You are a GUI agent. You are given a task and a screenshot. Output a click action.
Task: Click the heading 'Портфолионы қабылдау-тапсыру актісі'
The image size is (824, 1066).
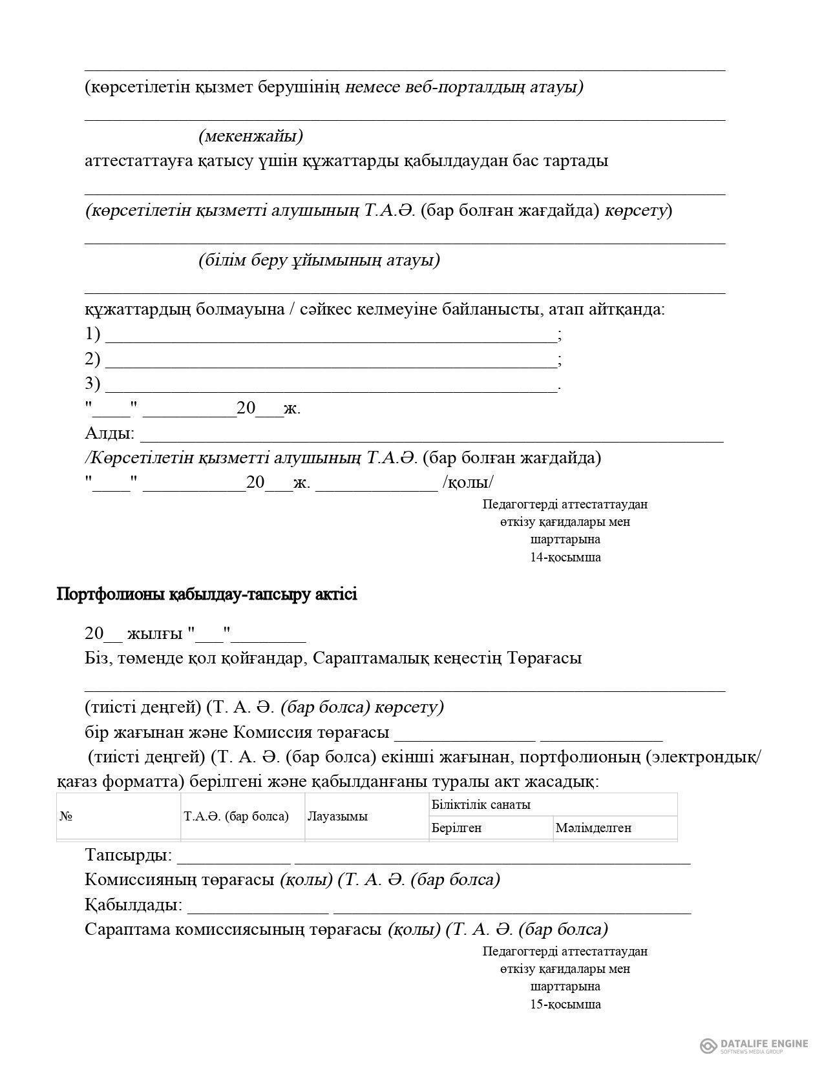[x=207, y=594]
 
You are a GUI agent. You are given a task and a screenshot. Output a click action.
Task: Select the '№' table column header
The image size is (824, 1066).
[x=66, y=817]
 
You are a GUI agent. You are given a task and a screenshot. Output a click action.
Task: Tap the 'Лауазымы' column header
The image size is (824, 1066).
[x=337, y=817]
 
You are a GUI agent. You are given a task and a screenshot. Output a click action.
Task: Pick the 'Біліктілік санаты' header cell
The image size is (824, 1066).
[x=481, y=805]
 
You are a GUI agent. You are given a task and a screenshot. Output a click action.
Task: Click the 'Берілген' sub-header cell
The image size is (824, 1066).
[x=456, y=828]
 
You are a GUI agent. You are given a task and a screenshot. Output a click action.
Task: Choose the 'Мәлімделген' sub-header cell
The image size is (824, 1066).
[x=593, y=828]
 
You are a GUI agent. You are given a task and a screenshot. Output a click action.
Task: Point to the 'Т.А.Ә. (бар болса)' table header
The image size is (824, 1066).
[x=236, y=817]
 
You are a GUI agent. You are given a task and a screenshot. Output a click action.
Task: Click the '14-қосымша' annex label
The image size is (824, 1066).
[x=565, y=558]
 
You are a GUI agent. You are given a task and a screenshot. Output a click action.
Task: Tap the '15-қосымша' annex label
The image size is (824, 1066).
[x=565, y=1005]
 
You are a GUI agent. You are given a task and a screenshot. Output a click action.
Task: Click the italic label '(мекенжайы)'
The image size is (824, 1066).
[x=251, y=136]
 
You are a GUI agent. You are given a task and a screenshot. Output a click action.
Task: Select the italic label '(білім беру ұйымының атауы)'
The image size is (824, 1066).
[x=319, y=260]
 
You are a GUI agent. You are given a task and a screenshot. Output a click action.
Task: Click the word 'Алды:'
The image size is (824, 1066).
[x=109, y=434]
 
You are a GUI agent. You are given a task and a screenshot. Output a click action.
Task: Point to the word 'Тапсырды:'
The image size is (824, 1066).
[x=128, y=855]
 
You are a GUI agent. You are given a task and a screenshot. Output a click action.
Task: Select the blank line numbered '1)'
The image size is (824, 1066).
[x=330, y=336]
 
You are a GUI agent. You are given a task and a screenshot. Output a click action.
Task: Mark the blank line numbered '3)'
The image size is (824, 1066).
[x=330, y=386]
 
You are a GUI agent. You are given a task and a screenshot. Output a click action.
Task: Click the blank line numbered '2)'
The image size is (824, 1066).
[x=330, y=361]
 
